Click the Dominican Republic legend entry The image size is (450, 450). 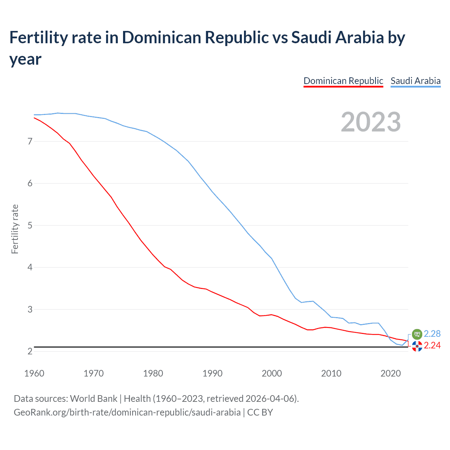click(343, 81)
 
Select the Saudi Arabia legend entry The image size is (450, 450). click(416, 81)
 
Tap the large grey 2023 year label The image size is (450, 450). click(371, 122)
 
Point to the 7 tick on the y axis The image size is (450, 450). click(30, 141)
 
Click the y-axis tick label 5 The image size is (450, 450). click(30, 225)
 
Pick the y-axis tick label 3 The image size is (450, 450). click(30, 309)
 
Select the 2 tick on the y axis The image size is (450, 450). click(30, 351)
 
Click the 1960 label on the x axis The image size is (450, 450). click(34, 373)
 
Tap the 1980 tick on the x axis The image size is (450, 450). click(153, 373)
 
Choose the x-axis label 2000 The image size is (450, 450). click(272, 373)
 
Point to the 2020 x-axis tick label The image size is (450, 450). click(391, 373)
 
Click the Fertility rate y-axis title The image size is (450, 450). click(15, 229)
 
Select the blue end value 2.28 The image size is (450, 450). click(432, 334)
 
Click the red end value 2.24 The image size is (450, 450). click(432, 346)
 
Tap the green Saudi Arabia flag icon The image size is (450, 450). click(417, 334)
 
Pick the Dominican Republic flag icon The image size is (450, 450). click(417, 346)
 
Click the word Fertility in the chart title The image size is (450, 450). click(38, 38)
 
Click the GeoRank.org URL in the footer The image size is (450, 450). click(127, 412)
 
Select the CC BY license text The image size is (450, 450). click(260, 412)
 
